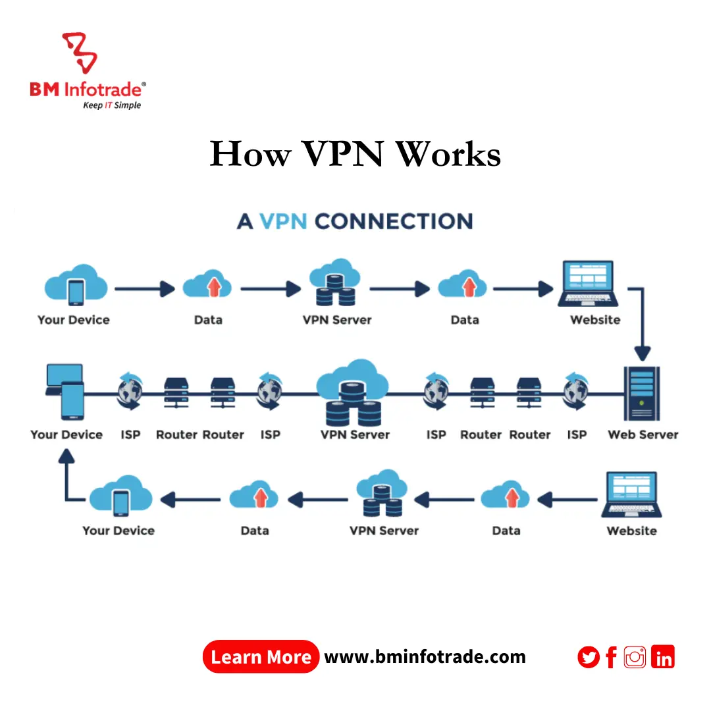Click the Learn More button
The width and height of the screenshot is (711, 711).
click(x=261, y=657)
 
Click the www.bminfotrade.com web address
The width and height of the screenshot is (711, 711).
click(x=425, y=657)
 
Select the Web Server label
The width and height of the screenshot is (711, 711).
click(x=643, y=434)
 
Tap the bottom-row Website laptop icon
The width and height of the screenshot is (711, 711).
click(x=631, y=495)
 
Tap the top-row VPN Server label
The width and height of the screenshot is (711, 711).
click(x=337, y=320)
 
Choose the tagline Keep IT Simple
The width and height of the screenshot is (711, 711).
click(x=111, y=105)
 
